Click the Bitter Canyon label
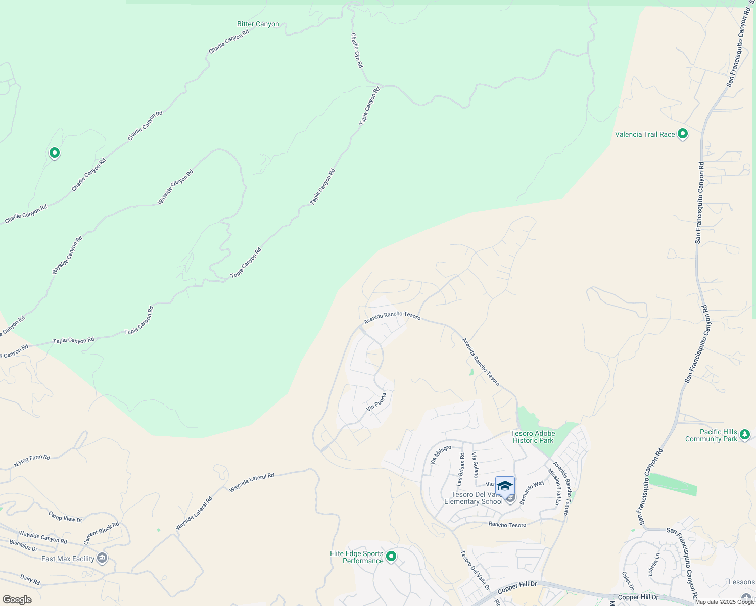pos(258,24)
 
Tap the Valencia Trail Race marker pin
pos(683,134)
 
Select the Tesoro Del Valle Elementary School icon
pos(505,486)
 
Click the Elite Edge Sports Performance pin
pos(391,557)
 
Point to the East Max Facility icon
pos(102,558)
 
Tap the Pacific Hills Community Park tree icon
pos(744,434)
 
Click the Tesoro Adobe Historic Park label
pos(533,437)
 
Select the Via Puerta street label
pos(376,401)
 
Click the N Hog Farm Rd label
pos(32,460)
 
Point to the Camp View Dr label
pos(65,516)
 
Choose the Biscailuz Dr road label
pos(23,545)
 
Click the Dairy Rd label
pos(30,579)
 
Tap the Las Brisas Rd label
pos(460,469)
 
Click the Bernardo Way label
pos(532,492)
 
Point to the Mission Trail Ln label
pos(554,486)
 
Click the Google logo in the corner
pos(17,600)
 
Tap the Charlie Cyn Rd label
pos(357,50)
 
